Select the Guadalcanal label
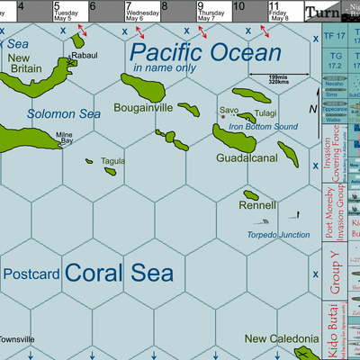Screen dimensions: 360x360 pyautogui.click(x=246, y=157)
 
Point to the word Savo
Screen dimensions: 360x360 pyautogui.click(x=229, y=112)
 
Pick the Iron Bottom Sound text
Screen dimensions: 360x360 pyautogui.click(x=263, y=127)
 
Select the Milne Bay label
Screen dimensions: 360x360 pyautogui.click(x=65, y=137)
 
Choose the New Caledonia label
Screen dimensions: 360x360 pyautogui.click(x=281, y=338)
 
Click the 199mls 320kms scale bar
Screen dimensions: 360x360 pyautogui.click(x=267, y=80)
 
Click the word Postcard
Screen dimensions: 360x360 pyautogui.click(x=31, y=273)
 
